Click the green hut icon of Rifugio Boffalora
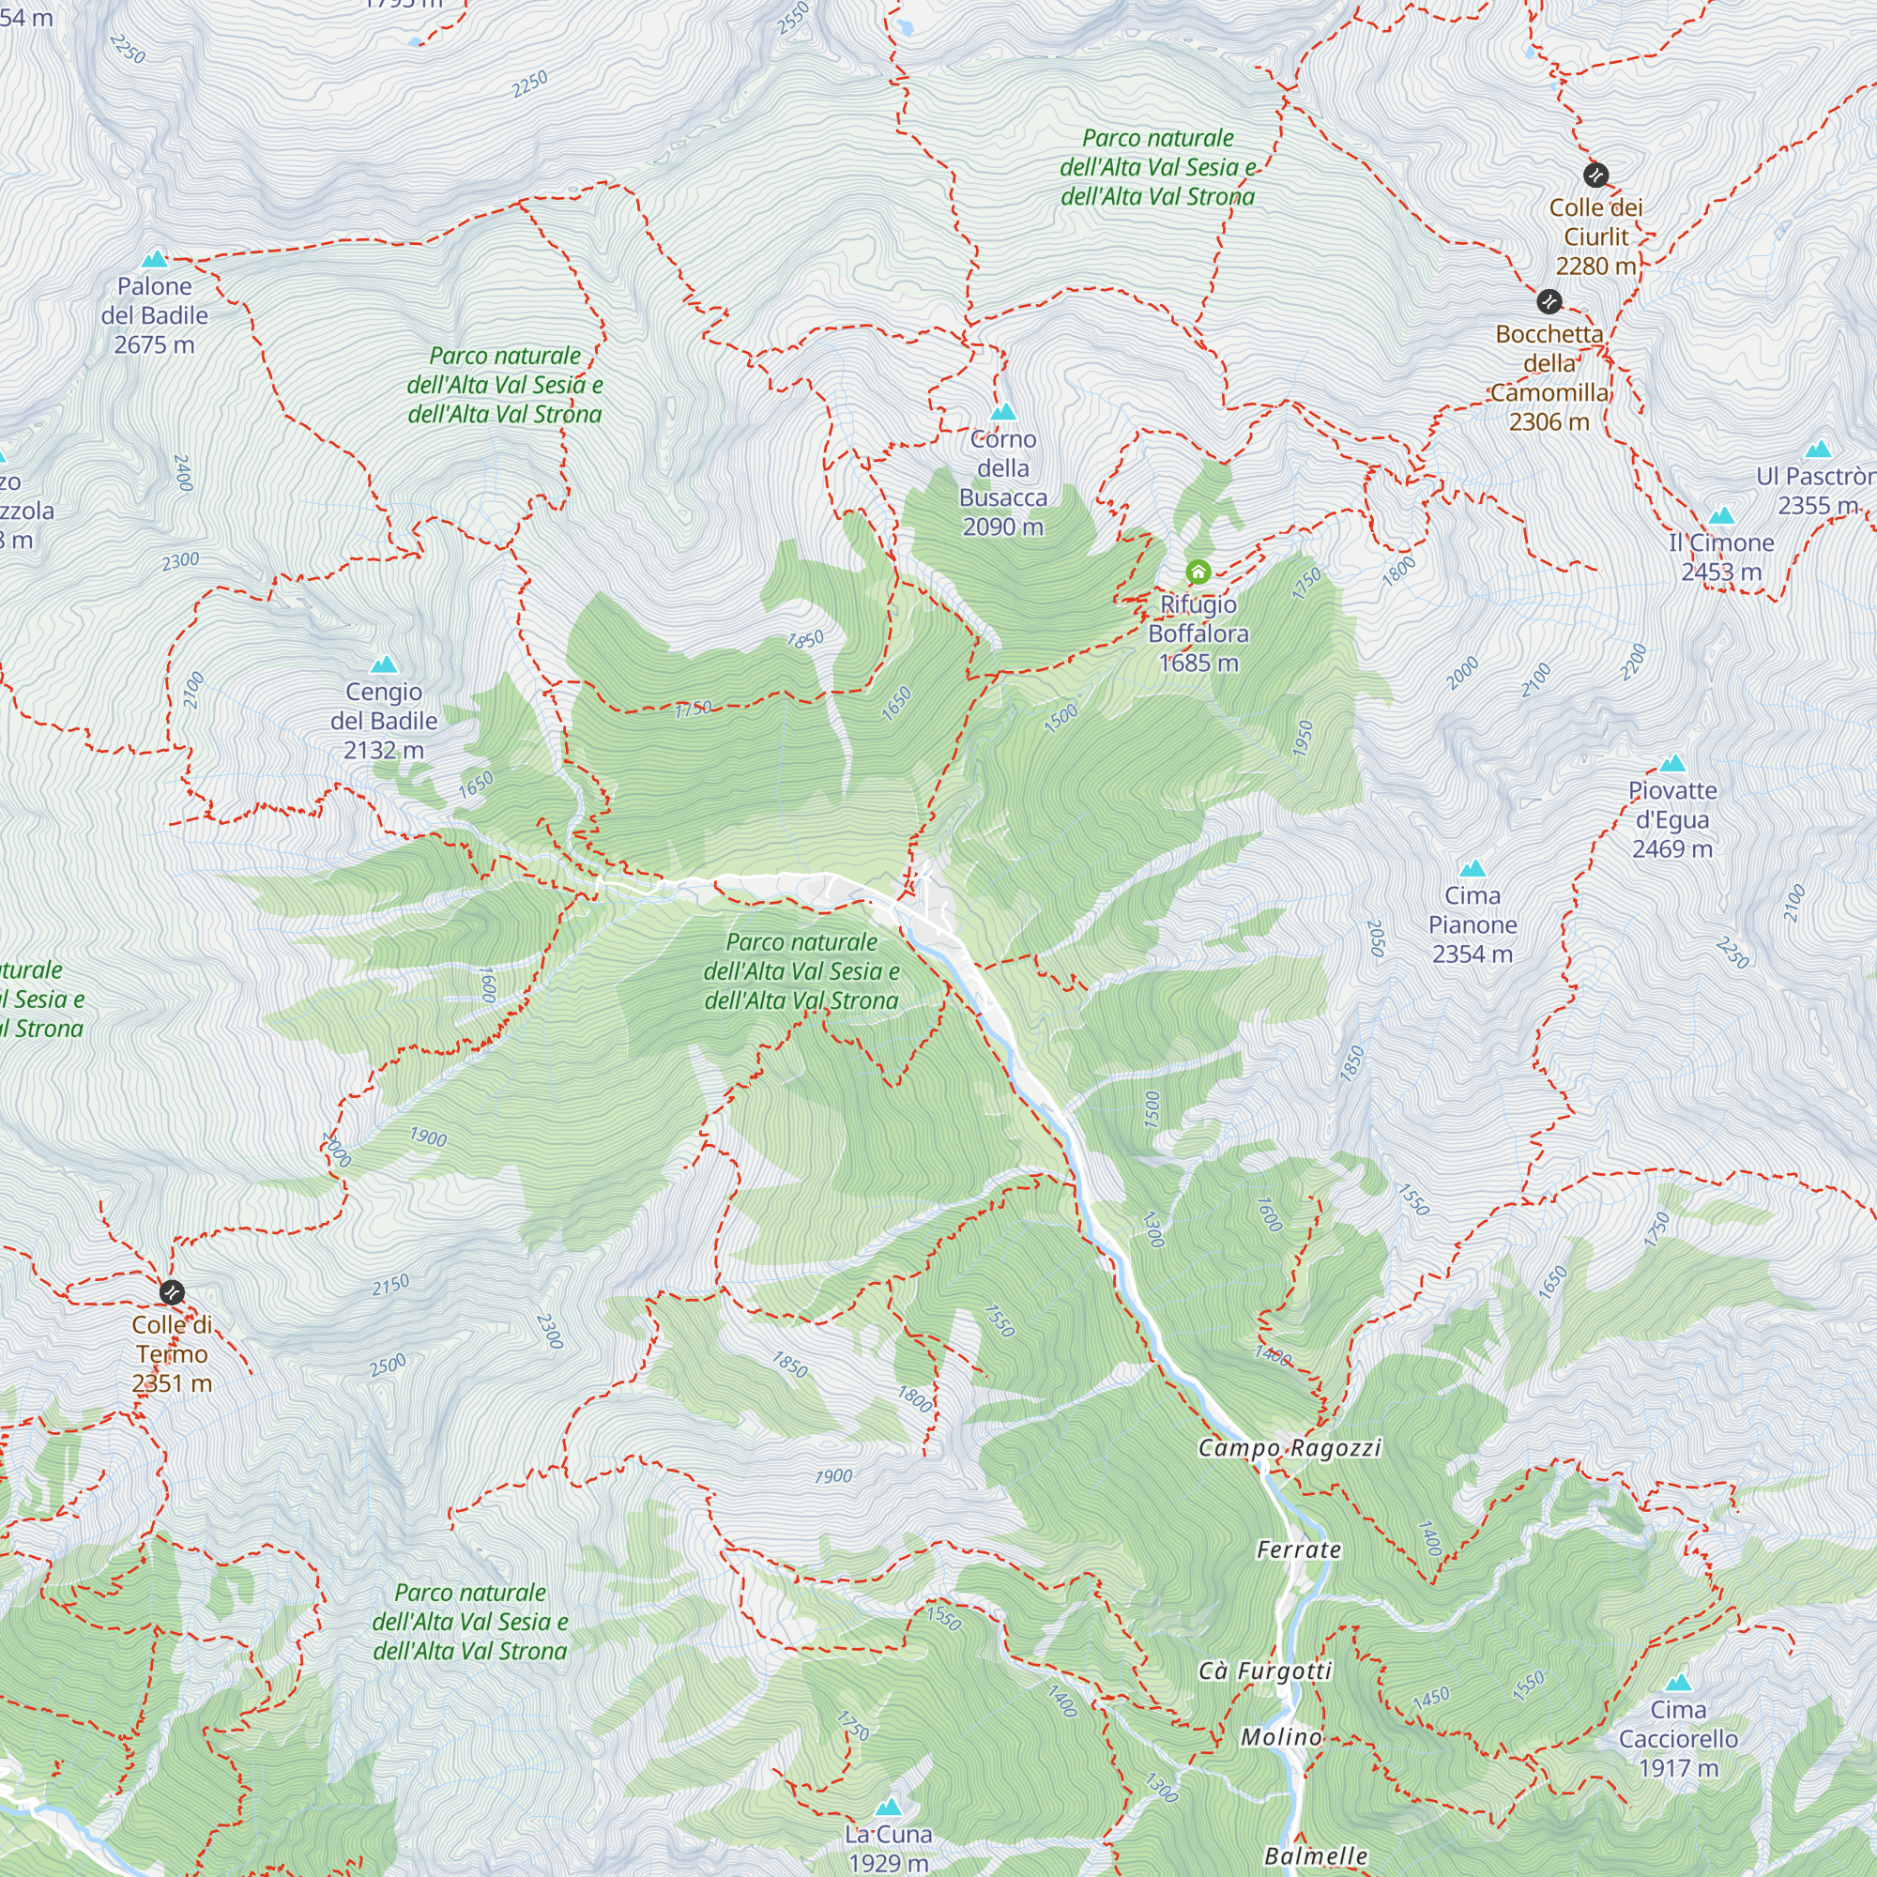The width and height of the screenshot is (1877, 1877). [1198, 572]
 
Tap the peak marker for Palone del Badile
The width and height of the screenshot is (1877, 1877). [155, 259]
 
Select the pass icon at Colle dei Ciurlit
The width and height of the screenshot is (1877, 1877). [1595, 175]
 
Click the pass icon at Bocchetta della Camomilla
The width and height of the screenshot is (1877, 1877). [1549, 301]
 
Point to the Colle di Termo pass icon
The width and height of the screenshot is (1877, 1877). [172, 1292]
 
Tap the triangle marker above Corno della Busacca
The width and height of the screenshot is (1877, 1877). [1002, 412]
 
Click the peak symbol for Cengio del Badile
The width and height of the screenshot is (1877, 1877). [384, 664]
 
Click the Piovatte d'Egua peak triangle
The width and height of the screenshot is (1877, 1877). [1672, 764]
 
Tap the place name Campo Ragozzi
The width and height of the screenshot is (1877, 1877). [1289, 1447]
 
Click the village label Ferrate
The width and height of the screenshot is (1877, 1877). [1298, 1549]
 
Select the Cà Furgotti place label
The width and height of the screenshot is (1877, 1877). [1265, 1671]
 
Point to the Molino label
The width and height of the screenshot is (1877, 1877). [1281, 1737]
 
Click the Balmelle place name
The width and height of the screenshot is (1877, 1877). [1316, 1856]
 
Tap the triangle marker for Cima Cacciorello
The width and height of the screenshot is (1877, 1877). [1678, 1683]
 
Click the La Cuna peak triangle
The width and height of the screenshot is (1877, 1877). [888, 1808]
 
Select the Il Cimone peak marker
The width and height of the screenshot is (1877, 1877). [1721, 515]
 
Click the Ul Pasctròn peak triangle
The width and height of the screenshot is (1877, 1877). [1818, 449]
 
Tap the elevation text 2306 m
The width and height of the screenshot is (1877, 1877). [1549, 421]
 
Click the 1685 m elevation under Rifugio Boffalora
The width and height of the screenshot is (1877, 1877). [1198, 663]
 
